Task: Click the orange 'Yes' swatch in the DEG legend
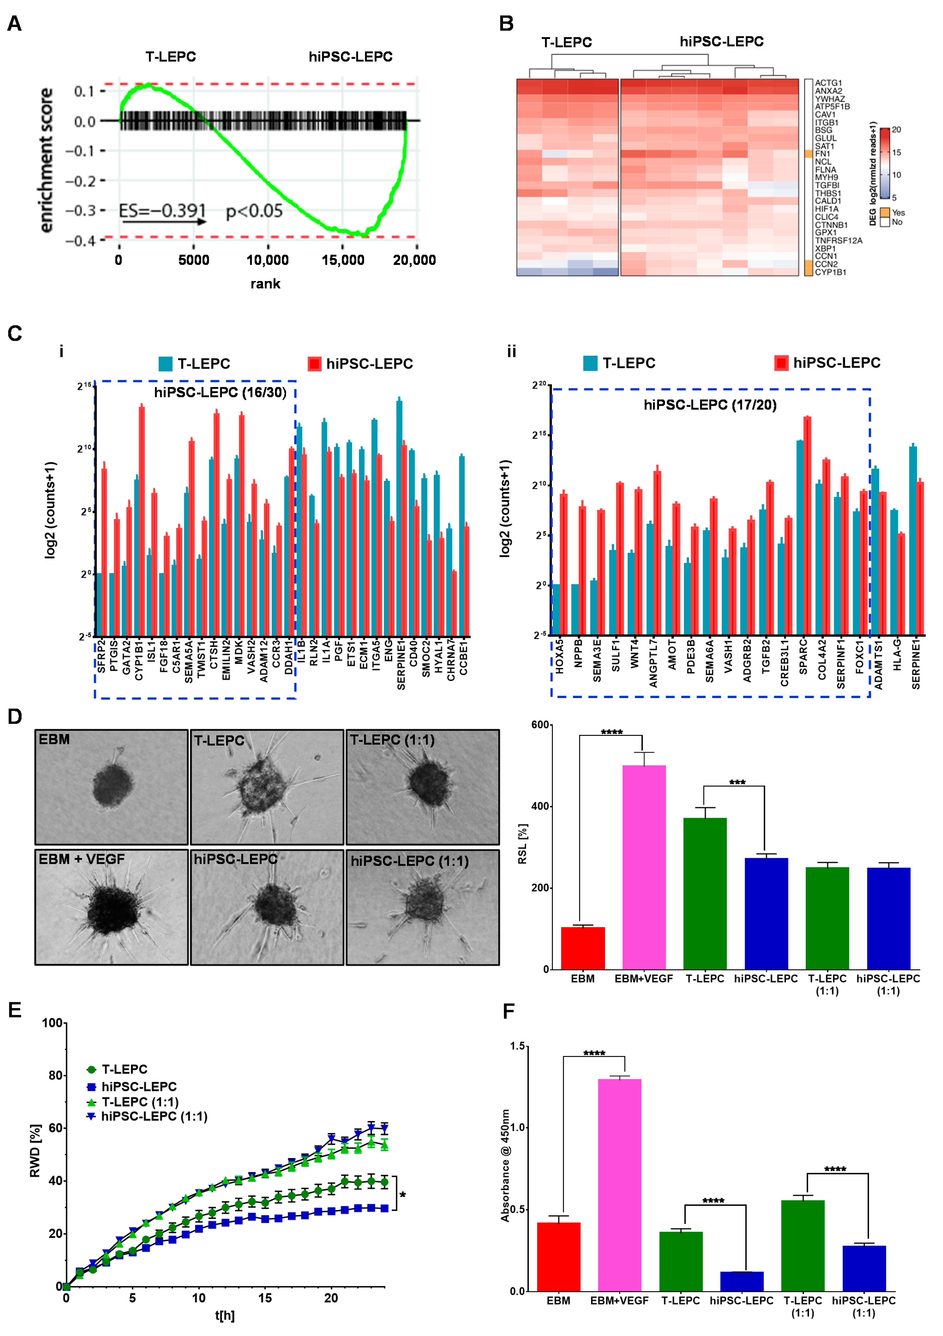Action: pyautogui.click(x=885, y=212)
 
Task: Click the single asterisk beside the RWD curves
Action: pyautogui.click(x=403, y=1195)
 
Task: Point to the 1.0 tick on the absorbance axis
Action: pyautogui.click(x=518, y=1128)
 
